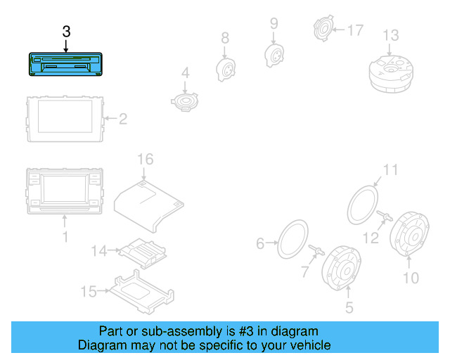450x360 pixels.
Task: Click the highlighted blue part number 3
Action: click(x=64, y=65)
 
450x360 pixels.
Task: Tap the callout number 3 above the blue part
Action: click(x=66, y=32)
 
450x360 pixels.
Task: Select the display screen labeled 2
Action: click(x=64, y=118)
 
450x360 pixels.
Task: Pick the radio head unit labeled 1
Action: click(x=65, y=191)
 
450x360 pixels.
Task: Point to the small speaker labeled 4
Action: click(x=186, y=102)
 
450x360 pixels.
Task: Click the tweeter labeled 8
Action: click(x=225, y=68)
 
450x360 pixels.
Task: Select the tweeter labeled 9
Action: click(x=274, y=53)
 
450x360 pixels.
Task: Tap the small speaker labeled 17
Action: click(x=323, y=30)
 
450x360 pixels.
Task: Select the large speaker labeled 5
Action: click(x=343, y=267)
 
